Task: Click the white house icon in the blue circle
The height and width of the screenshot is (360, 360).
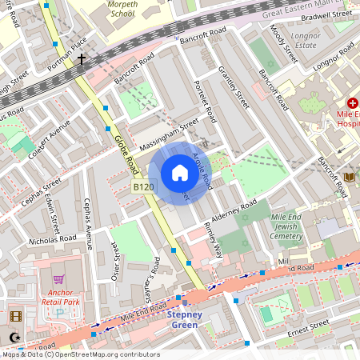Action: tap(180, 173)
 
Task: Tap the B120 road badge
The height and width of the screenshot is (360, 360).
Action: tap(144, 186)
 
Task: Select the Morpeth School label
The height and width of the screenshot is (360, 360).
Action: tap(121, 9)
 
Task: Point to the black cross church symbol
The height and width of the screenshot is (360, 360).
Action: tap(82, 59)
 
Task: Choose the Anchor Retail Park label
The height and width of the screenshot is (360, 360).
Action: tap(58, 298)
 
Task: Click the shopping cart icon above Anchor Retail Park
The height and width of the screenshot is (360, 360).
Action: tap(58, 280)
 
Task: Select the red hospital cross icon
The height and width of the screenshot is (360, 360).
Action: tap(352, 103)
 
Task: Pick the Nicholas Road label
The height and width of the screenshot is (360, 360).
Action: tap(52, 238)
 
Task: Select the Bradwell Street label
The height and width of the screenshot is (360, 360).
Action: tap(329, 14)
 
